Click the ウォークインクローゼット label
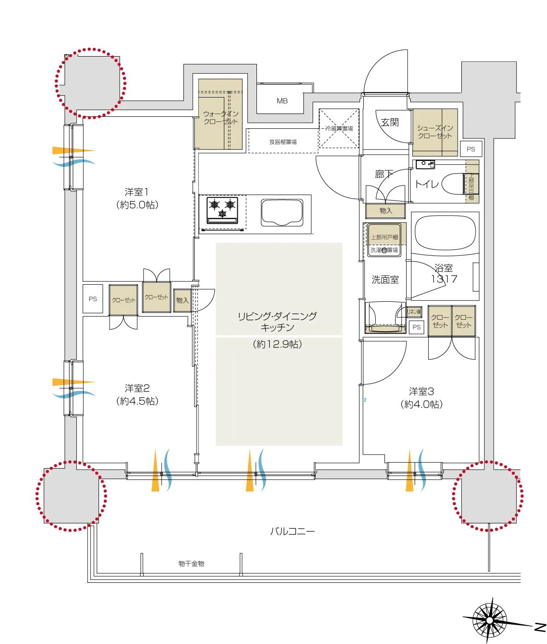click(221, 118)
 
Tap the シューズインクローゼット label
click(435, 132)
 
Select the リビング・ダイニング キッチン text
click(277, 322)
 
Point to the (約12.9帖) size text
click(277, 344)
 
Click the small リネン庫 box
click(414, 312)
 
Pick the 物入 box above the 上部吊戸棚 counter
click(385, 211)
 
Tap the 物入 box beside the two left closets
click(182, 300)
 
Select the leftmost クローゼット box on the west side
click(123, 300)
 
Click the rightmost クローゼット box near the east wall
click(463, 321)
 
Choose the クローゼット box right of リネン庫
click(440, 321)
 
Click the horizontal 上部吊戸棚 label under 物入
click(384, 237)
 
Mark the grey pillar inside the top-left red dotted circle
click(91, 83)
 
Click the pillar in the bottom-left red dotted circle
click(71, 495)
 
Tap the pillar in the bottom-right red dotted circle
click(488, 496)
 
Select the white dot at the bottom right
click(489, 621)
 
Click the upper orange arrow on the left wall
click(73, 150)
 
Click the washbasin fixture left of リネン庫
click(385, 328)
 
